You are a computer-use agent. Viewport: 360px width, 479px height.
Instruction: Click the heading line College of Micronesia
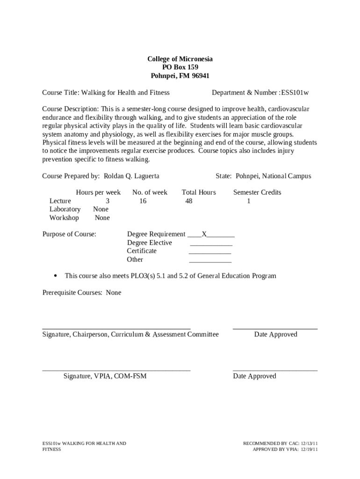pos(180,59)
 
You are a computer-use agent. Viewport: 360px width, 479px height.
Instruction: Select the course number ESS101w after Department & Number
pos(295,93)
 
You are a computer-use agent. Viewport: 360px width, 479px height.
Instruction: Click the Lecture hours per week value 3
pos(108,201)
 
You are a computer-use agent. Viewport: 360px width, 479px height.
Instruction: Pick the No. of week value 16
pos(143,201)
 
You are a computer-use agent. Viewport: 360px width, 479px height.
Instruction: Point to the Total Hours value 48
pos(189,201)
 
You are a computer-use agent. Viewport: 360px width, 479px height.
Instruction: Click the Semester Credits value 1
pos(249,201)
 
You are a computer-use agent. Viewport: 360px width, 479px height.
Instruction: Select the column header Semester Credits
pos(257,192)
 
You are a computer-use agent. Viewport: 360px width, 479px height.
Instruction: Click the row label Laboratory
pos(65,209)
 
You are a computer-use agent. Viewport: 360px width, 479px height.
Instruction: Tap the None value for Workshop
pos(102,218)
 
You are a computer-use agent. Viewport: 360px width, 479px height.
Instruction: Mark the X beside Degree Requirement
pos(204,234)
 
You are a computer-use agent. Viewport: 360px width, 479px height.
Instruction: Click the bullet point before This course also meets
pos(56,276)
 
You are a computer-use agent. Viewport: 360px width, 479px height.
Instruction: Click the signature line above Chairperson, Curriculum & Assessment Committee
pos(116,328)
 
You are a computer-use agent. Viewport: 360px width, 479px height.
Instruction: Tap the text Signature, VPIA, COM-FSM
pos(105,376)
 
